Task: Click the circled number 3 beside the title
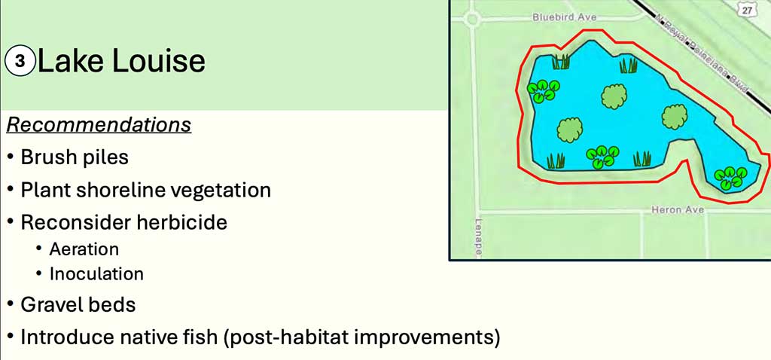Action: tap(20, 62)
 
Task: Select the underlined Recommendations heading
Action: tap(99, 125)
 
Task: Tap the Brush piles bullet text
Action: tap(75, 158)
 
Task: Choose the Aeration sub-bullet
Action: tap(84, 249)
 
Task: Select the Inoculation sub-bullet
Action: tap(96, 273)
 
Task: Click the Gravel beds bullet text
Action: tap(78, 305)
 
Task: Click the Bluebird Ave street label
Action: tap(565, 17)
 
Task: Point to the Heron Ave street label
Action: tap(678, 210)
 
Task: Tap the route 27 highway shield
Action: tap(747, 9)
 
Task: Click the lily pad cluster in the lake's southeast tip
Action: tap(730, 178)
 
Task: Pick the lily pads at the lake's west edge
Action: tap(544, 91)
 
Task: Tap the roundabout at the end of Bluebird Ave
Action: tap(472, 20)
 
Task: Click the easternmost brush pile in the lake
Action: tap(674, 117)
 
